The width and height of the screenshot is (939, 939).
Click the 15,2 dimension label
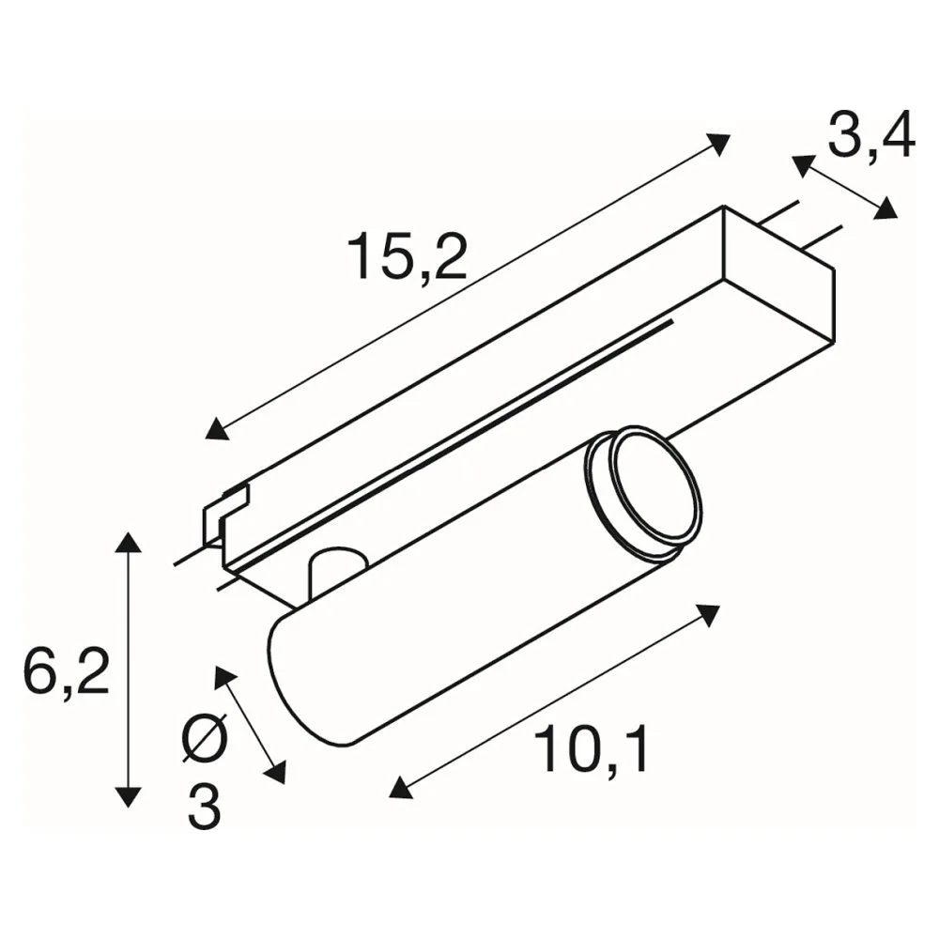408,257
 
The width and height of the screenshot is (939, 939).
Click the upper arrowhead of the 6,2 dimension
128,543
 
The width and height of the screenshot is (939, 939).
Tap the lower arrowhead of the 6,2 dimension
128,796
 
